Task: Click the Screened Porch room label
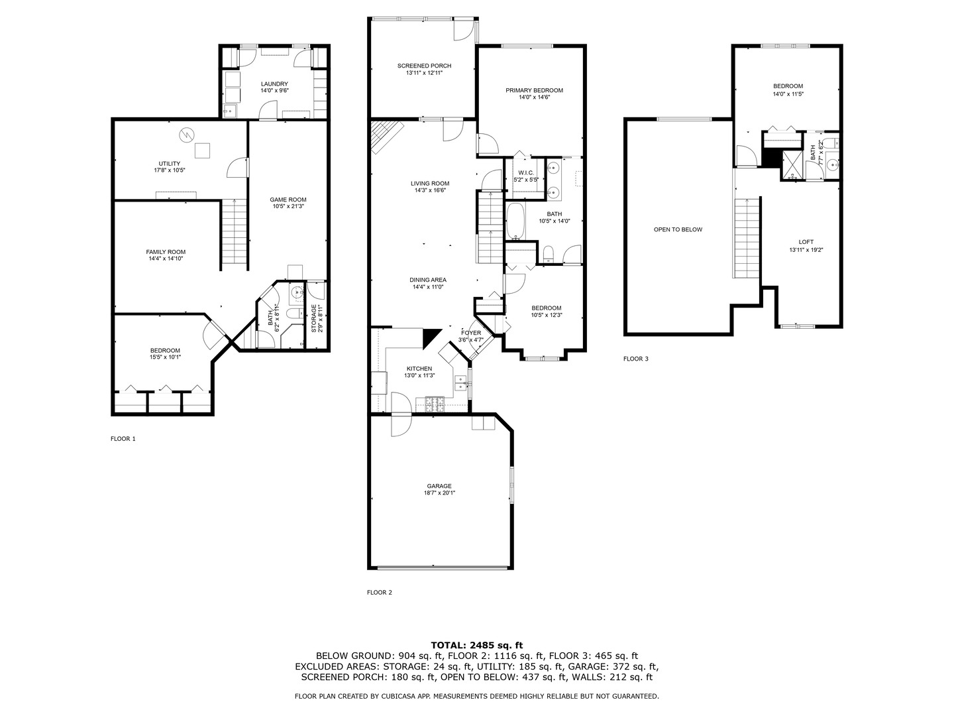(424, 66)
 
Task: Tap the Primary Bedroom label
(534, 90)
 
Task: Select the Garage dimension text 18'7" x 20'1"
(439, 493)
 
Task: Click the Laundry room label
(274, 84)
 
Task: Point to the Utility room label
(169, 164)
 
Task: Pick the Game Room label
(288, 200)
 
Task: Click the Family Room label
(166, 252)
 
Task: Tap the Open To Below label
(678, 229)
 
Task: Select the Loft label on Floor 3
(806, 242)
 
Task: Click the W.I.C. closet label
(526, 172)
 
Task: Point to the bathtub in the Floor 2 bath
(515, 221)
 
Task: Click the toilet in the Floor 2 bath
(549, 253)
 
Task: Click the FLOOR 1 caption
(123, 438)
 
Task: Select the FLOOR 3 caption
(635, 359)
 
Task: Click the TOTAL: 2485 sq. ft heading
(476, 644)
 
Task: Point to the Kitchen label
(419, 369)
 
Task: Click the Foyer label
(471, 333)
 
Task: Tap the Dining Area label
(427, 280)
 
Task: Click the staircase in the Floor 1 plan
(234, 231)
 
